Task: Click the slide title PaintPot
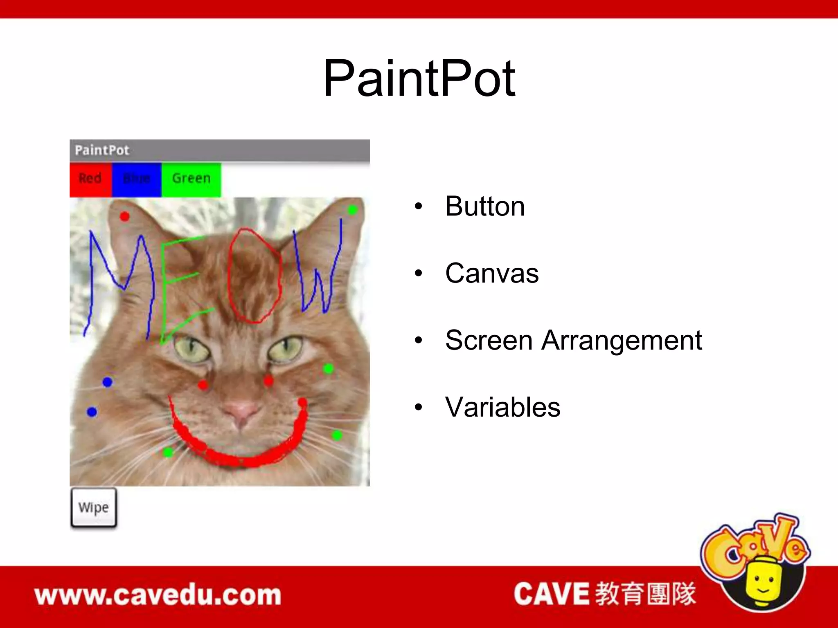click(x=419, y=78)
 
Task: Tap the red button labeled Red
click(x=90, y=179)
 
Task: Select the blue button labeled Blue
click(x=137, y=179)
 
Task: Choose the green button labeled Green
click(x=191, y=179)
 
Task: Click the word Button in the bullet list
click(x=485, y=206)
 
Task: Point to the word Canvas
click(x=492, y=274)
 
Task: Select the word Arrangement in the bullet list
click(x=622, y=341)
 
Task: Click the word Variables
click(x=502, y=408)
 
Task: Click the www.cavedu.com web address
click(x=158, y=595)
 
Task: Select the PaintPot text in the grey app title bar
click(x=102, y=150)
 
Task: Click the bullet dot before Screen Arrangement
click(x=418, y=340)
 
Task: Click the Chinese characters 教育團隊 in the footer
click(x=645, y=594)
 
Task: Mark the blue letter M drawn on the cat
click(x=121, y=282)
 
